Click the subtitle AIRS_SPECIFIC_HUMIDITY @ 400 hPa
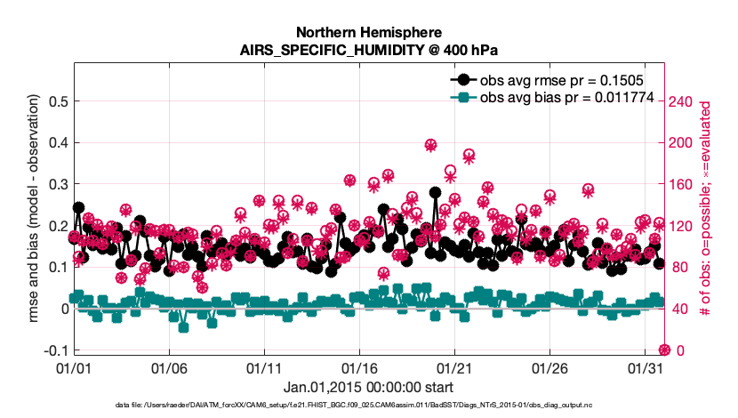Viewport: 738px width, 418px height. click(368, 49)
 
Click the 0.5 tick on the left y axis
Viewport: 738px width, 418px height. click(54, 101)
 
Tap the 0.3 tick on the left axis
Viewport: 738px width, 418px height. click(54, 184)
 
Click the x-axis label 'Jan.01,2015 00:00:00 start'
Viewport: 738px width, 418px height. click(368, 387)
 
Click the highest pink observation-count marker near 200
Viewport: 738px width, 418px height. click(430, 145)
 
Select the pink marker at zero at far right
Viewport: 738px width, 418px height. click(662, 350)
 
